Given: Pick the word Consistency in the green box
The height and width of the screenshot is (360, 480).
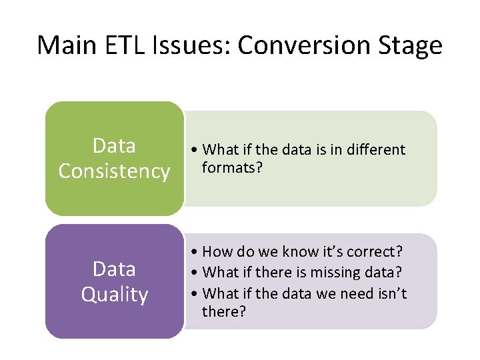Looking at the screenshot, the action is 114,171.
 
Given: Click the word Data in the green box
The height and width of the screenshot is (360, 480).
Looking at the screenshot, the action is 114,145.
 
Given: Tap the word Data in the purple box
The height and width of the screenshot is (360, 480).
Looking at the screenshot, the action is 114,269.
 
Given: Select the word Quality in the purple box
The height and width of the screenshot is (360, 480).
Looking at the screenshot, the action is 114,295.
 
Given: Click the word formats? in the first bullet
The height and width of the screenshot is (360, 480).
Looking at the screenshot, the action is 233,167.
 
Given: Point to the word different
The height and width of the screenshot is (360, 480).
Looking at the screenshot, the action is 375,150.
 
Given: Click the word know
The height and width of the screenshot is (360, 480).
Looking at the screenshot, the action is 285,252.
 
